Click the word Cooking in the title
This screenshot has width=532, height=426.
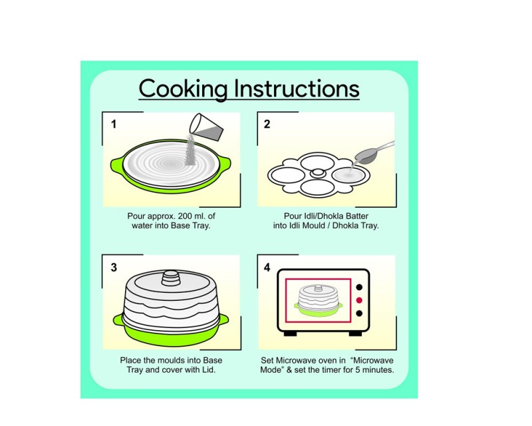(x=184, y=89)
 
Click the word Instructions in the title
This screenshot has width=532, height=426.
(x=297, y=89)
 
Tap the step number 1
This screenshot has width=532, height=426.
(x=114, y=124)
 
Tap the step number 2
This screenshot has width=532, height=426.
(x=267, y=124)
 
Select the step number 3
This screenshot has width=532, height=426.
(x=114, y=268)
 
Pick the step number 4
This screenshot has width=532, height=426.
(x=267, y=268)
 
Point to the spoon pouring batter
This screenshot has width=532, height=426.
(x=373, y=152)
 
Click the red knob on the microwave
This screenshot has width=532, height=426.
(x=359, y=300)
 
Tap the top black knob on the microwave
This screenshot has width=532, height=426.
(x=359, y=288)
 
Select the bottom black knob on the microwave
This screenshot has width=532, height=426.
(x=359, y=314)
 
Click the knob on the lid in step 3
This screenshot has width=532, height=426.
(x=171, y=278)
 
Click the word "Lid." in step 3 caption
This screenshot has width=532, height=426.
(x=209, y=369)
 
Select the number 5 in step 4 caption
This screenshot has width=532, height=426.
(x=357, y=369)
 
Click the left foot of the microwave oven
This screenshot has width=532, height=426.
(x=290, y=333)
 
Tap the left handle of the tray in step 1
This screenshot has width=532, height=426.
(x=116, y=164)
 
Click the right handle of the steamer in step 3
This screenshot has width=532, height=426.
(x=224, y=319)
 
